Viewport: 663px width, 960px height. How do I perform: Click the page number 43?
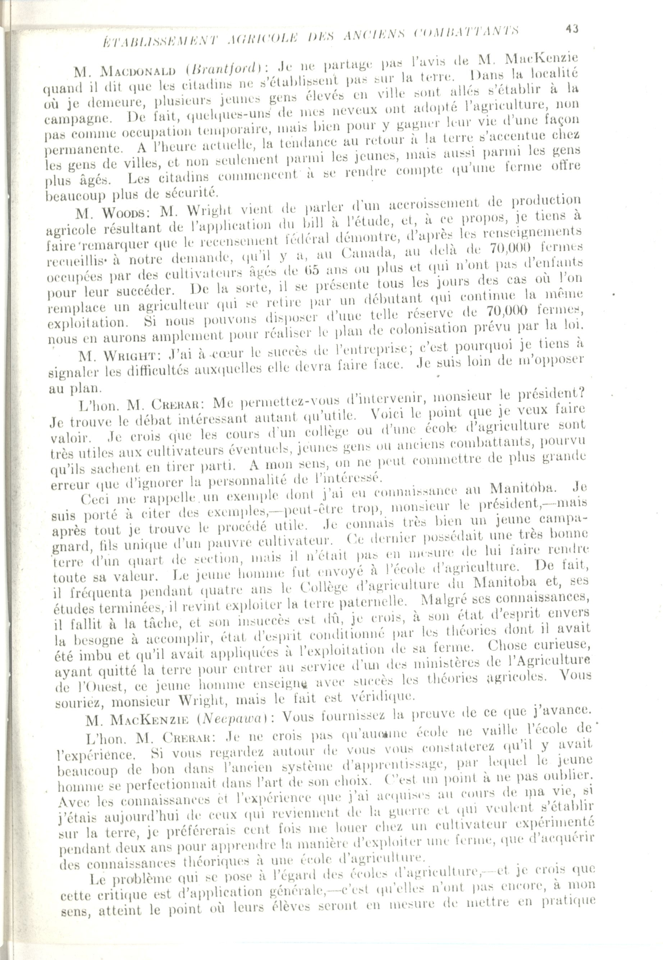click(x=571, y=29)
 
